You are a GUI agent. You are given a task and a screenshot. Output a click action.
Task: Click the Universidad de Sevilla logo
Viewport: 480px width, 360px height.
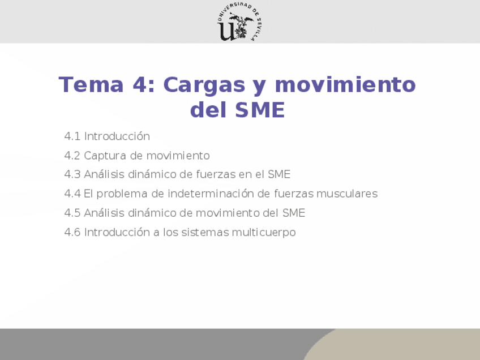(239, 22)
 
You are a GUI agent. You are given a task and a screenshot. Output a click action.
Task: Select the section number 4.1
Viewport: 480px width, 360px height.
(72, 136)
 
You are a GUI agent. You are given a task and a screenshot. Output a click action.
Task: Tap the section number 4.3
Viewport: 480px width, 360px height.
(72, 174)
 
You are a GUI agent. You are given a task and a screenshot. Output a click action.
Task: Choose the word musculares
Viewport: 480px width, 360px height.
(346, 194)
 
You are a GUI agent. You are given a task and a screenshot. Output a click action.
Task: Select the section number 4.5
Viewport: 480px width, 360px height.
(72, 213)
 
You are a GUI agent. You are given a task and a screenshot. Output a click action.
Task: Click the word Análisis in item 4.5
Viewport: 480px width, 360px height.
(103, 213)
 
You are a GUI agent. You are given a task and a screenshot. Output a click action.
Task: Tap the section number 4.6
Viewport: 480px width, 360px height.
(72, 232)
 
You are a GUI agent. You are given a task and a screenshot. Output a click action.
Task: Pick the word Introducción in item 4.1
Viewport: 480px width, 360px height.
(117, 136)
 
